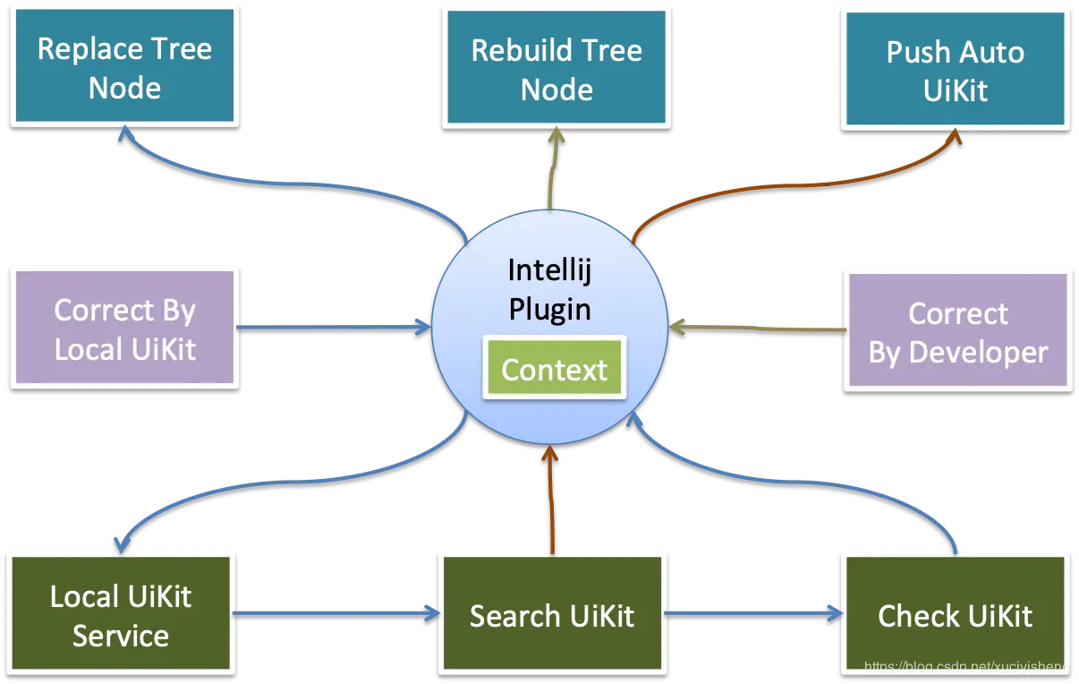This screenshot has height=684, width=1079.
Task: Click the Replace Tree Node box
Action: coord(124,67)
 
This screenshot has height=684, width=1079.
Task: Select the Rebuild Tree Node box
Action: coord(556,69)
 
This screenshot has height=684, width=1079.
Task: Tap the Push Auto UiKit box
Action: coord(955,70)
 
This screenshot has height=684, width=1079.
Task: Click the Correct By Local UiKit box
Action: coord(124,328)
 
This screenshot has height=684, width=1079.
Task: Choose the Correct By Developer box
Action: coord(957,331)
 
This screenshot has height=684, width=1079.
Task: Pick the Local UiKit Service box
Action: coord(121,614)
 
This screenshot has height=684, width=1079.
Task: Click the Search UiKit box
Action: coord(552,615)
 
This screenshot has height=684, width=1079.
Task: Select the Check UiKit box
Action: coord(955,615)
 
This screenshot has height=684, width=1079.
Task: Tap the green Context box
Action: coord(554,370)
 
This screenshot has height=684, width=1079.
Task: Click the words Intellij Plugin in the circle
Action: coord(549,288)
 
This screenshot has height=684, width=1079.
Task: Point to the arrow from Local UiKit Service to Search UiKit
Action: coord(336,613)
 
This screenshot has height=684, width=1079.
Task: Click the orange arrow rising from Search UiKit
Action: coord(552,501)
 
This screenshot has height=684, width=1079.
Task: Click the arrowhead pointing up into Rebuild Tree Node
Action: coord(556,135)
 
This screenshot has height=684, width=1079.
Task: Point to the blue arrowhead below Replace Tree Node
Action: coord(125,133)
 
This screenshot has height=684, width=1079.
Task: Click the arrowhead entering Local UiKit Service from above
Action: coord(119,543)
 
